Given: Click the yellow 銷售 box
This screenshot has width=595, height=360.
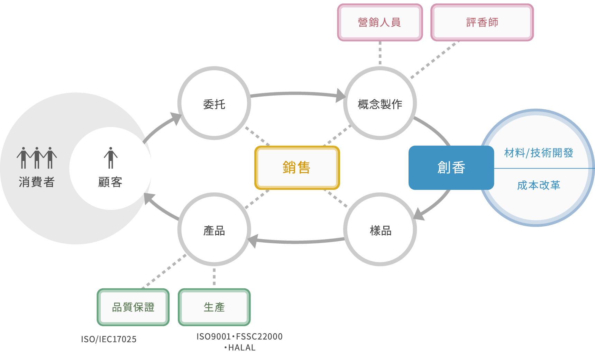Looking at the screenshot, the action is coord(297,168).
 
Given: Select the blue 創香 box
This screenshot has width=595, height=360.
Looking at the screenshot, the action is coord(451,168).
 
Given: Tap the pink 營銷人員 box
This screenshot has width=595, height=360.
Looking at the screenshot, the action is coord(380,22).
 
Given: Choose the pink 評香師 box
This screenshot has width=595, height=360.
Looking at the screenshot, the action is coord(482,22).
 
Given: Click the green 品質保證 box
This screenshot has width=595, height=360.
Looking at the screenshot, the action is coord(133,307).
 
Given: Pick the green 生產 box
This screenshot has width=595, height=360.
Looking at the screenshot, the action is coord(214,307).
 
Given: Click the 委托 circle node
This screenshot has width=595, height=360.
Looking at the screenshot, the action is coord(214,103).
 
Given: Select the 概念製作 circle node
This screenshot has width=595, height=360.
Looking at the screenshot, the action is coord(380,103).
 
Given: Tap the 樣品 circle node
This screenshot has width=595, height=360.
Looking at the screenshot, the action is coord(380,229).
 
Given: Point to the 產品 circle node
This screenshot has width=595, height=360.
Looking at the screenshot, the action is coord(214,229).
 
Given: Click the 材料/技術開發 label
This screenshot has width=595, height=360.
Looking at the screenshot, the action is coord(539,153).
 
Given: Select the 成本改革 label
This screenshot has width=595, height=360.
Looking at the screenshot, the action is coord(539,185).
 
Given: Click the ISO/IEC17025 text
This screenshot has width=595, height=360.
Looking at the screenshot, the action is coord(109,339).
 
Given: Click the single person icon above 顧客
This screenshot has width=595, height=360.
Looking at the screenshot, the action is coord(111,158).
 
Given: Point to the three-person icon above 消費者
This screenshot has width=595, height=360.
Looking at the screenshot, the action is coord(37,158).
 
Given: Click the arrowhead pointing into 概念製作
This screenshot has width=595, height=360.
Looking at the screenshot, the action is coord(341,96).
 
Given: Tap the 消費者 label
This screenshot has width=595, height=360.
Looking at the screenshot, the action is coord(37,182).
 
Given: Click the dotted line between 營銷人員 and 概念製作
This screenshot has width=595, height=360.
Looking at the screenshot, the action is coord(380,53).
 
